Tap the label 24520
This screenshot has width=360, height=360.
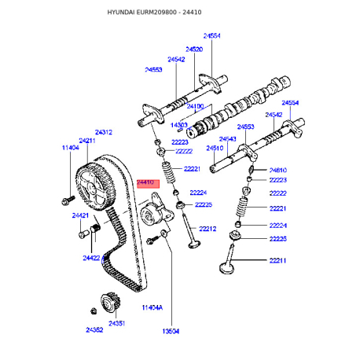(194, 50)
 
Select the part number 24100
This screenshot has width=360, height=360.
(195, 106)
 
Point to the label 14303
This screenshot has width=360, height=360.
(179, 125)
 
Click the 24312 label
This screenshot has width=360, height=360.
(104, 132)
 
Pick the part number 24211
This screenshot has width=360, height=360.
(87, 141)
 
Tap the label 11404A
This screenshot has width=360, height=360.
(152, 307)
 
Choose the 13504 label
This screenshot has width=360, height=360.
(171, 331)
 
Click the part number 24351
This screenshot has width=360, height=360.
(117, 324)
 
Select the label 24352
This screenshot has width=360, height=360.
(94, 330)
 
